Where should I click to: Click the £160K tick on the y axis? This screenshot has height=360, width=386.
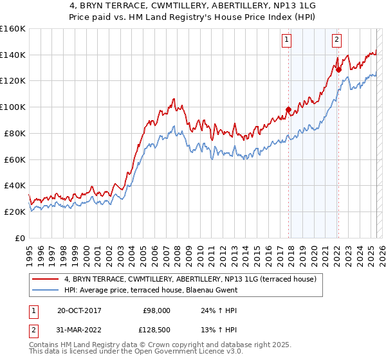[14, 29]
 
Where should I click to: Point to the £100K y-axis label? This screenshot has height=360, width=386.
[14, 107]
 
